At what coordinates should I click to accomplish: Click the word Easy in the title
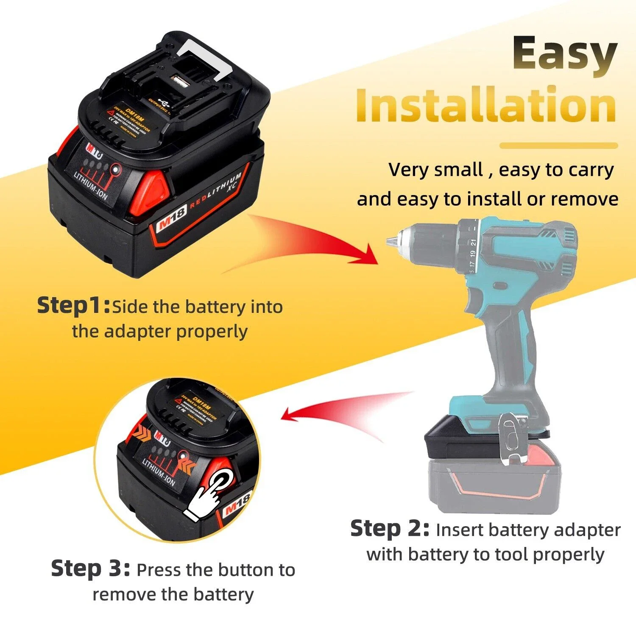[564, 54]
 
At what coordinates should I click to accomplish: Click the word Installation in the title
[485, 104]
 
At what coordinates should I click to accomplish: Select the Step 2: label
[390, 529]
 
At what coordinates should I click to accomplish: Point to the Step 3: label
[90, 569]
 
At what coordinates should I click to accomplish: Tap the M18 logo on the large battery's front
[171, 220]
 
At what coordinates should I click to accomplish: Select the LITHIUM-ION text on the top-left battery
[91, 186]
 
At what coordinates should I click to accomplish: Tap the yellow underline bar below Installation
[558, 145]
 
